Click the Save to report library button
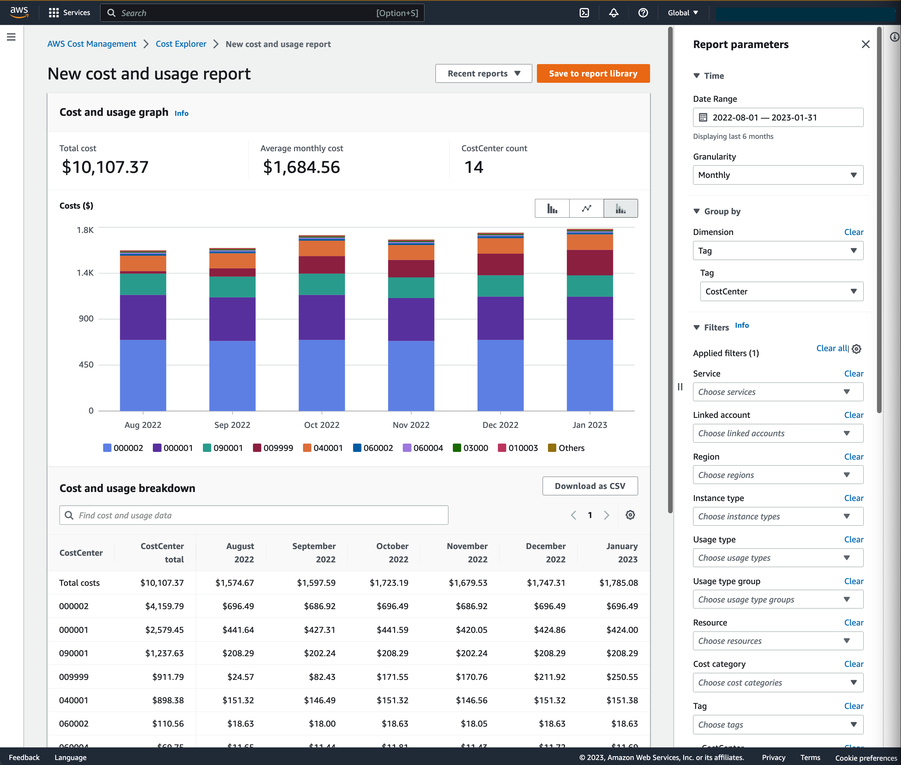tap(593, 74)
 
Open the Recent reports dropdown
tap(483, 74)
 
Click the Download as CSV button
tap(590, 486)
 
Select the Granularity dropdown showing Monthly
tap(778, 175)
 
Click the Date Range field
tap(778, 117)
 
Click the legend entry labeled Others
tap(566, 448)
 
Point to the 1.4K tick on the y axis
tap(85, 273)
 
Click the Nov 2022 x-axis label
tap(410, 425)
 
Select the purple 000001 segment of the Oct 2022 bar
tap(321, 317)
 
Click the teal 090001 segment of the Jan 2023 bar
tap(589, 286)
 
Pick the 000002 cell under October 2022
tap(392, 606)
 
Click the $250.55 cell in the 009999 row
tap(621, 677)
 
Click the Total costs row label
tap(79, 583)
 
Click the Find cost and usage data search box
tap(254, 515)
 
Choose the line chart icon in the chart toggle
tap(586, 209)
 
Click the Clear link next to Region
tap(853, 457)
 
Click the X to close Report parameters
tap(865, 44)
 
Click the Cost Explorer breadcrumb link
tap(181, 44)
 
